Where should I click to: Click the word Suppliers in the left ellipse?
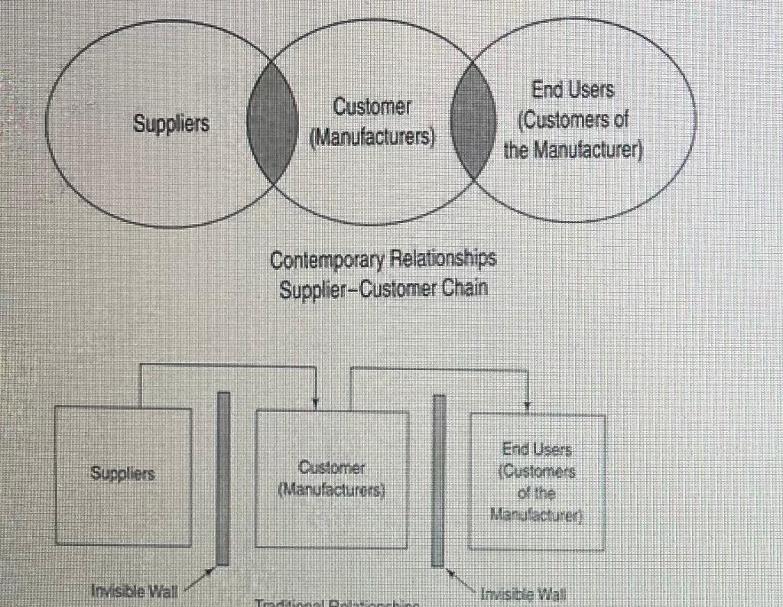[x=171, y=122]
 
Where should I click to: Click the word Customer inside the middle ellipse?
[x=372, y=108]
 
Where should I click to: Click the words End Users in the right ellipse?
[x=573, y=91]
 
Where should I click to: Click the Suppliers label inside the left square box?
[x=123, y=473]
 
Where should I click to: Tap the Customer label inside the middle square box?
[x=331, y=467]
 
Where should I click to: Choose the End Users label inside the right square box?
[x=537, y=450]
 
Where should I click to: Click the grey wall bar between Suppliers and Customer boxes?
[x=223, y=479]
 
